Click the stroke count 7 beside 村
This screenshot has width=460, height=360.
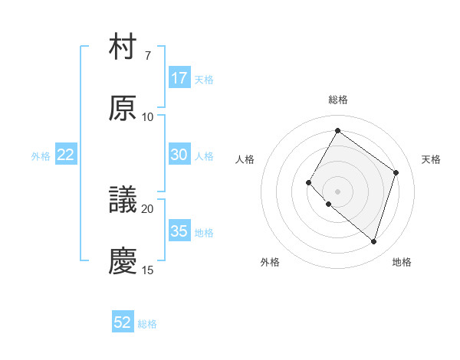pos(148,56)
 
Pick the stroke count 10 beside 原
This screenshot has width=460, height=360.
pos(148,116)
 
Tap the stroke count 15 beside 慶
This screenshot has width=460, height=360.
pos(148,270)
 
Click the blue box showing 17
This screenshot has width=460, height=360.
pos(179,78)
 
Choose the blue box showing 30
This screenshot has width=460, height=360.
pos(179,155)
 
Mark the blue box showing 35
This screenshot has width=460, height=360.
pos(179,231)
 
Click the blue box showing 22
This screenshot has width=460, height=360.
pos(66,155)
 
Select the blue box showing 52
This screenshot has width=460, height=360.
pos(123,323)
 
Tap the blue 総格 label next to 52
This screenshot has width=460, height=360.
pos(147,324)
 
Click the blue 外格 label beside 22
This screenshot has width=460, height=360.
pos(41,155)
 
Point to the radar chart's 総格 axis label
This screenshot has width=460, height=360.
pos(337,100)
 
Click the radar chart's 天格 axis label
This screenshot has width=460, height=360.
pos(431,159)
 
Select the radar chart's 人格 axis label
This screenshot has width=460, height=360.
pos(245,159)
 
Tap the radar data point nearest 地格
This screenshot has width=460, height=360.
pos(373,242)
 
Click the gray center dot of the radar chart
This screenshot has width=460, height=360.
pos(337,191)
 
